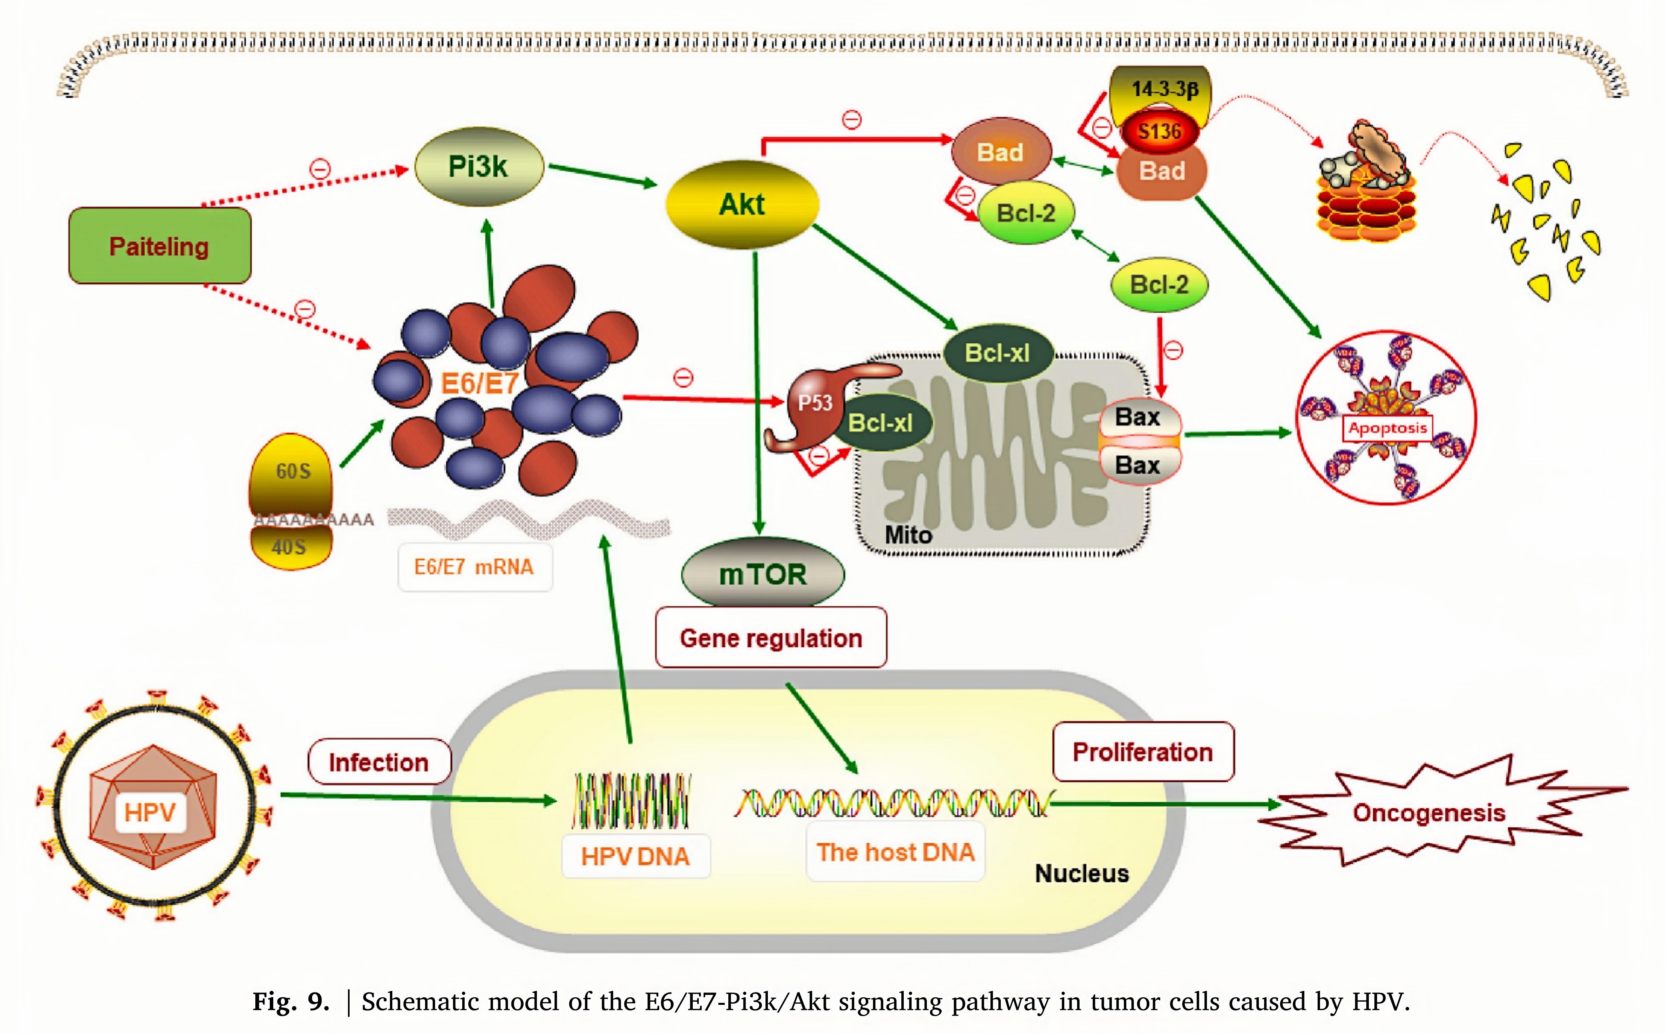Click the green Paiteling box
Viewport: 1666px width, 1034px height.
click(159, 246)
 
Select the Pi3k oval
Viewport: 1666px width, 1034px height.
click(478, 166)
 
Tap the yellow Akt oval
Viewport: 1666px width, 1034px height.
click(742, 204)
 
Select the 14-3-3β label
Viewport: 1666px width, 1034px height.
click(1165, 89)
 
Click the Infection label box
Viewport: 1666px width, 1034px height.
click(379, 762)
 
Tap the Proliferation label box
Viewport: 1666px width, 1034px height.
click(1143, 752)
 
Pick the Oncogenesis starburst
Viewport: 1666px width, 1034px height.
click(1429, 812)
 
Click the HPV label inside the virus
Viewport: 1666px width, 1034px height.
click(151, 812)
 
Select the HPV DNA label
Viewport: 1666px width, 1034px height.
click(635, 855)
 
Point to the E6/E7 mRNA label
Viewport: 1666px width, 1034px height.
click(474, 567)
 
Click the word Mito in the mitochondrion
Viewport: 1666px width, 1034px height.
click(908, 534)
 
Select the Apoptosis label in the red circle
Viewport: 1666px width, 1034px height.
click(1388, 428)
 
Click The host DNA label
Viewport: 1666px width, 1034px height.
click(895, 852)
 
